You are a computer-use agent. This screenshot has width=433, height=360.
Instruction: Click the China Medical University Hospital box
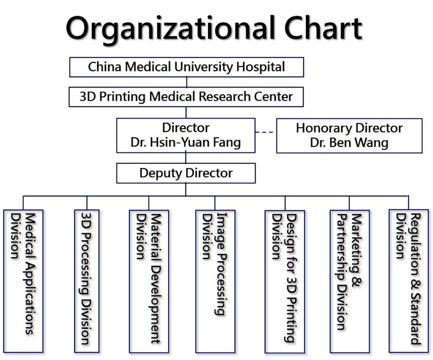[x=186, y=67]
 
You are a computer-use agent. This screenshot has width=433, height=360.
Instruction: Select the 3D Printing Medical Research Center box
[x=186, y=97]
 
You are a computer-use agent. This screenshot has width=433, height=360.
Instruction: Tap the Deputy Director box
[x=186, y=173]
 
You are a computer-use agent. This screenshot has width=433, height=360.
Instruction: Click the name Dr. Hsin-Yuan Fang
[x=185, y=143]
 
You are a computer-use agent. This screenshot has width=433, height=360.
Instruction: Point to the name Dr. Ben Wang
[x=349, y=143]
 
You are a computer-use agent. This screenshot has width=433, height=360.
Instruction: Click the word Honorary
[x=324, y=128]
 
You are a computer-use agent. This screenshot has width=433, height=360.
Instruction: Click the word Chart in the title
[x=323, y=27]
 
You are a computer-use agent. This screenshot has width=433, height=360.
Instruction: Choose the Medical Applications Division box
[x=23, y=281]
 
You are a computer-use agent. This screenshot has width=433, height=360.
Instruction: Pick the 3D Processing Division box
[x=87, y=281]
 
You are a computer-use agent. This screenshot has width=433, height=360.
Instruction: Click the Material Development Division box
[x=149, y=282]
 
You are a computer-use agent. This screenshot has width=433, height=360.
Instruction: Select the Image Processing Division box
[x=215, y=282]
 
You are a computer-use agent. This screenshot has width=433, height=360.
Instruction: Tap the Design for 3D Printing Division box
[x=285, y=282]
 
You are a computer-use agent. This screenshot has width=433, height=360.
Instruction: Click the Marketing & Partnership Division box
[x=350, y=282]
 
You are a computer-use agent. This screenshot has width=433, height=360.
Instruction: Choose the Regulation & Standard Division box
[x=408, y=281]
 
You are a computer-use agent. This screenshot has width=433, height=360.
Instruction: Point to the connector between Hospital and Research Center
[x=187, y=82]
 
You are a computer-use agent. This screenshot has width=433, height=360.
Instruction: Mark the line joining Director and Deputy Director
[x=185, y=158]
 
